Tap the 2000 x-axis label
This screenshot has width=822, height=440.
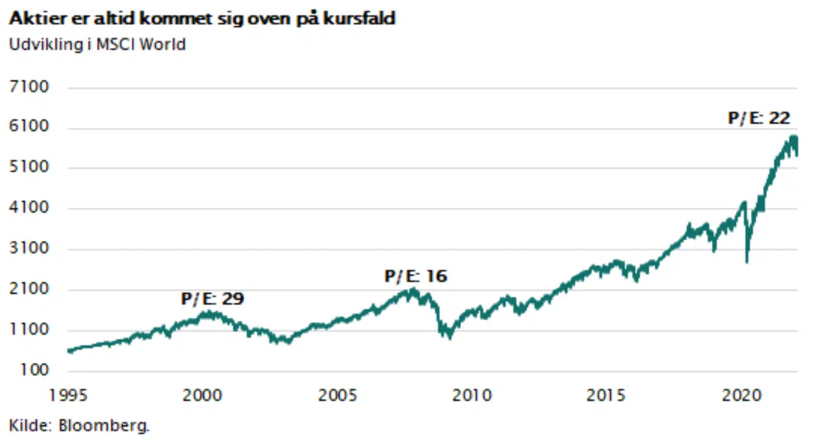click(x=203, y=395)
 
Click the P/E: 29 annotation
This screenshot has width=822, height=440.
click(x=212, y=298)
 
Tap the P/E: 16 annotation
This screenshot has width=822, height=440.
click(x=416, y=277)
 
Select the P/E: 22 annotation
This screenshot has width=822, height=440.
click(x=759, y=118)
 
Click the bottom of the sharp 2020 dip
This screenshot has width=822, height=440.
click(x=747, y=261)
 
